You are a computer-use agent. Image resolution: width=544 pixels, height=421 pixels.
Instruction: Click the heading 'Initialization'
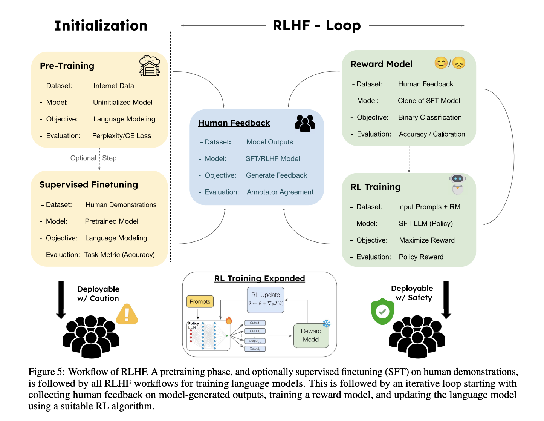point(101,26)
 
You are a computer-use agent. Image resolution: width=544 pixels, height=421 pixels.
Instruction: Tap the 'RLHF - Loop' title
point(316,26)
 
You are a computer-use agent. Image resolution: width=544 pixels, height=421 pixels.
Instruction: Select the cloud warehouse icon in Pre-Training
point(150,66)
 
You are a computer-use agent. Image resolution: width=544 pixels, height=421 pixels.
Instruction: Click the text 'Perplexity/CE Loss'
point(121,136)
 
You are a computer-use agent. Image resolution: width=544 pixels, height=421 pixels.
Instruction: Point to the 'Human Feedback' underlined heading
point(234,123)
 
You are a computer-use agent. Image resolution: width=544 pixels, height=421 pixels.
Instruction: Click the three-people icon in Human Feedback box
point(305,123)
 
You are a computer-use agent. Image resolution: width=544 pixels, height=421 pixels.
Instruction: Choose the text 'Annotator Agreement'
point(280,192)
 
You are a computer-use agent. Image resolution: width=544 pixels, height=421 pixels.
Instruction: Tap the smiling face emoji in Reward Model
point(441,63)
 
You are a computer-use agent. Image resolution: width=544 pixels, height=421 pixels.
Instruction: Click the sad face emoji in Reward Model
point(459,63)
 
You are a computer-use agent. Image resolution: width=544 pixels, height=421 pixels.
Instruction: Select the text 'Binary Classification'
point(429,117)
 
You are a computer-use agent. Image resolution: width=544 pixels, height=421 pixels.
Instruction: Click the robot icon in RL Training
point(457,184)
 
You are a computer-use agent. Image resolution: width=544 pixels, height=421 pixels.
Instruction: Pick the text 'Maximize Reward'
point(426,240)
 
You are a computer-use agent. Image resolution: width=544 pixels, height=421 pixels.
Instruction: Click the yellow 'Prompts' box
point(200,301)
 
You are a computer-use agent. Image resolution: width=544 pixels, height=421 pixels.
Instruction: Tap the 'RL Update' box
point(265,300)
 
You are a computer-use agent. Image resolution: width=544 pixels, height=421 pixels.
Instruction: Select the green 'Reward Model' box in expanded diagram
point(311,335)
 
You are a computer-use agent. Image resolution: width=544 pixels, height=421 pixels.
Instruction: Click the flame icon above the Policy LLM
point(229,320)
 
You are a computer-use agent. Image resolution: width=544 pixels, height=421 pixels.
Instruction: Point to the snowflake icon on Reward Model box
point(326,324)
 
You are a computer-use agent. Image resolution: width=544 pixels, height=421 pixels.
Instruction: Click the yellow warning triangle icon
point(127,314)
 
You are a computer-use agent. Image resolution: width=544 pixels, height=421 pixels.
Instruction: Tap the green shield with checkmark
point(382,311)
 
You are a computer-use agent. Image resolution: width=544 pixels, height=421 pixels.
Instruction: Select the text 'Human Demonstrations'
point(121,205)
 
